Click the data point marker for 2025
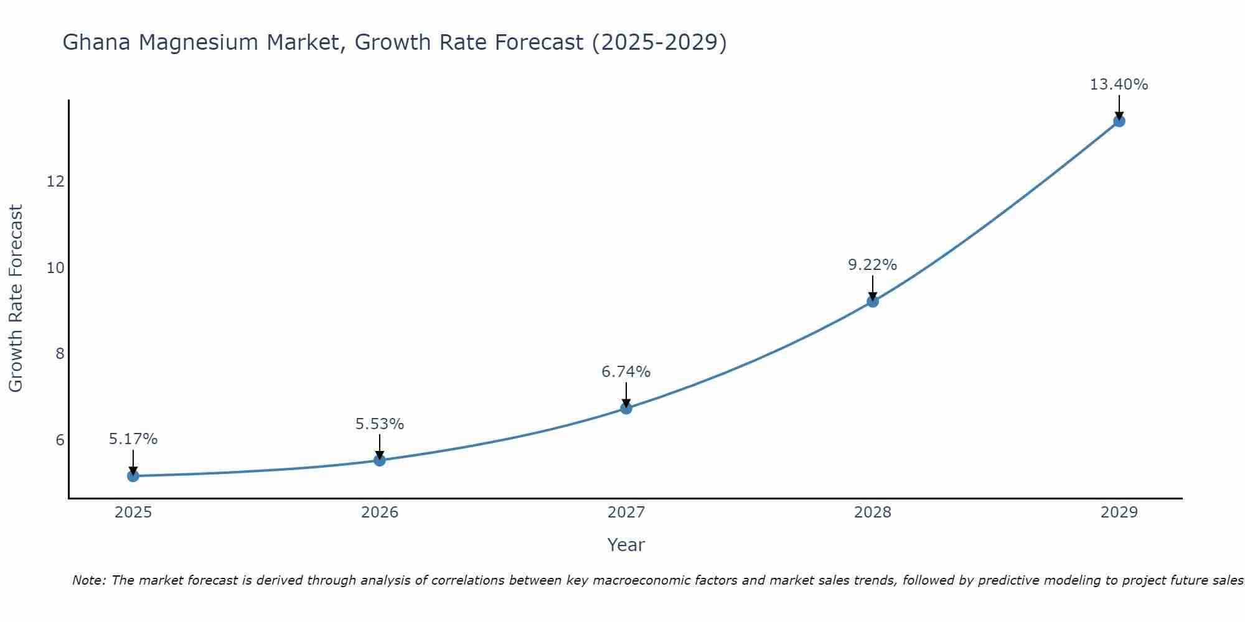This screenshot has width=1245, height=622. pos(133,476)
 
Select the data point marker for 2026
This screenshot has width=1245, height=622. pos(380,460)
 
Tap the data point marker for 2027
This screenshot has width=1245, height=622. pos(626,408)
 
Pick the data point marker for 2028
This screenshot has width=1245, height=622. pos(873,302)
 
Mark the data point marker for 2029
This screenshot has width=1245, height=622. pos(1119,121)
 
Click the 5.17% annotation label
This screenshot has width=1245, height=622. pos(133,439)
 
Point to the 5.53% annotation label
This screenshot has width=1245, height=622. pos(380,424)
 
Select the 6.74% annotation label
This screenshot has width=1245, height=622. pos(626,372)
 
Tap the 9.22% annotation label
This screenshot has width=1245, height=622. pos(873,265)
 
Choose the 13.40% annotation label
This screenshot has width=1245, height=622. pos(1119,85)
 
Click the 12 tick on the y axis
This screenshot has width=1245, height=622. pos(55,182)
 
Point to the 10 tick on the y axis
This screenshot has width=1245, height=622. pos(55,268)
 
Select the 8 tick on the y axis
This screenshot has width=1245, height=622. pos(60,354)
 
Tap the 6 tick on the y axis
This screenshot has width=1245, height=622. pos(60,440)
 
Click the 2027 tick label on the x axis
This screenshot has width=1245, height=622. pos(626,513)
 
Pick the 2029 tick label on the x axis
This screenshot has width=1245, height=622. pos(1119,513)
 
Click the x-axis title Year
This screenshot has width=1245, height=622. pos(626,545)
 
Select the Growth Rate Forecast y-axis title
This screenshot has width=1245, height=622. pos(16,299)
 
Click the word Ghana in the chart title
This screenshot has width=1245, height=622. pos(96,43)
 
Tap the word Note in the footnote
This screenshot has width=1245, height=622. pos(90,580)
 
